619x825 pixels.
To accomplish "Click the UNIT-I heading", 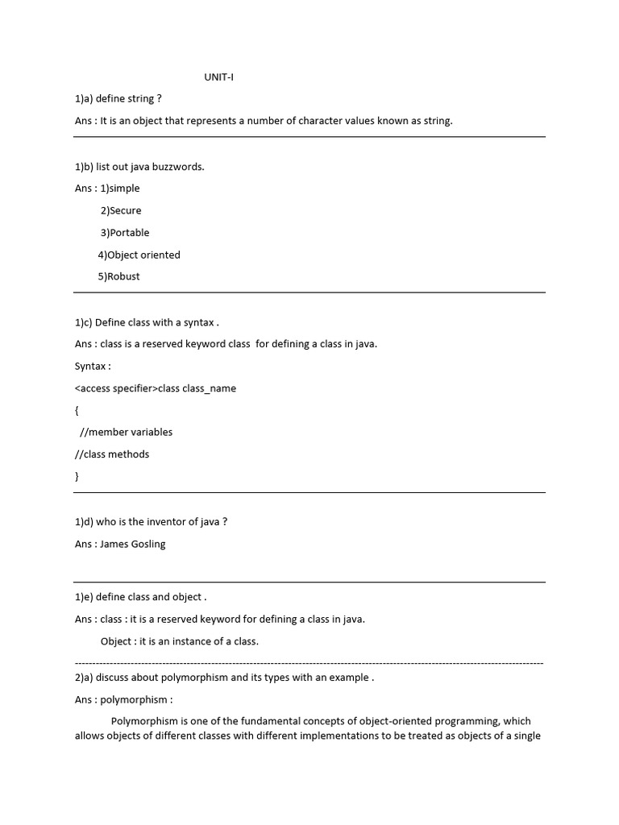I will pyautogui.click(x=218, y=77).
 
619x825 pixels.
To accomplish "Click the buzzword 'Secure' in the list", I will pyautogui.click(x=124, y=210).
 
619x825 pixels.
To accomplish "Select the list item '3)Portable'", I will pyautogui.click(x=125, y=233).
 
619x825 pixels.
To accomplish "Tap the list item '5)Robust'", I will pyautogui.click(x=118, y=276).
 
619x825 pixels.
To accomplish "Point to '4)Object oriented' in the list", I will pyautogui.click(x=139, y=255).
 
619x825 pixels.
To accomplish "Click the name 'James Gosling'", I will pyautogui.click(x=133, y=544).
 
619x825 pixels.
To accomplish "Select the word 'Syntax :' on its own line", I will pyautogui.click(x=93, y=366).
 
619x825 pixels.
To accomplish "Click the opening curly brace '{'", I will pyautogui.click(x=77, y=410).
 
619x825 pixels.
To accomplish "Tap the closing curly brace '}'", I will pyautogui.click(x=77, y=476).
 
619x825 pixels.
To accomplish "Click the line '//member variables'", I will pyautogui.click(x=131, y=432).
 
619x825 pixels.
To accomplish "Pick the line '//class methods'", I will pyautogui.click(x=112, y=454).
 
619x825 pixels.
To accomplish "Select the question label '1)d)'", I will pyautogui.click(x=85, y=521).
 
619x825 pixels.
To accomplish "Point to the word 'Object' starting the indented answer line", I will pyautogui.click(x=117, y=641).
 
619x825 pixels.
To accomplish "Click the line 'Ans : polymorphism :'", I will pyautogui.click(x=123, y=699).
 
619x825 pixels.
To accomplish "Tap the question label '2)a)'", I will pyautogui.click(x=85, y=678).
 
